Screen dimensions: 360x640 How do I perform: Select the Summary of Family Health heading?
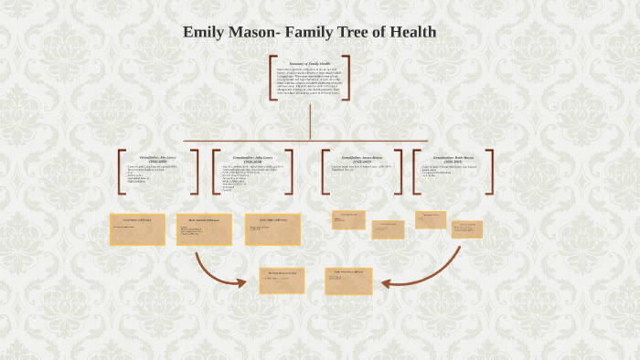[311, 62]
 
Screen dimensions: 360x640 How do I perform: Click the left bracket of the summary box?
[272, 78]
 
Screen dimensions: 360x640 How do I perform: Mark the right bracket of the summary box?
[347, 78]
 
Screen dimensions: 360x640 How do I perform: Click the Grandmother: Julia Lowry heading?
[252, 157]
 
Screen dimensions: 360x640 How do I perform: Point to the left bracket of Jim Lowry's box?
[122, 171]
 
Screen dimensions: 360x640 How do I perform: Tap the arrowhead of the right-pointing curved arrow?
[241, 282]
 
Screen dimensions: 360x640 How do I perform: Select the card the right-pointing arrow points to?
[282, 281]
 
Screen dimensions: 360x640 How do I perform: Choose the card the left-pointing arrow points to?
[348, 281]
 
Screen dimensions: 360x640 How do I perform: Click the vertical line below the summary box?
[311, 122]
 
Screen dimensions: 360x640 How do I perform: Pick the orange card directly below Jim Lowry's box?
[137, 229]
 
